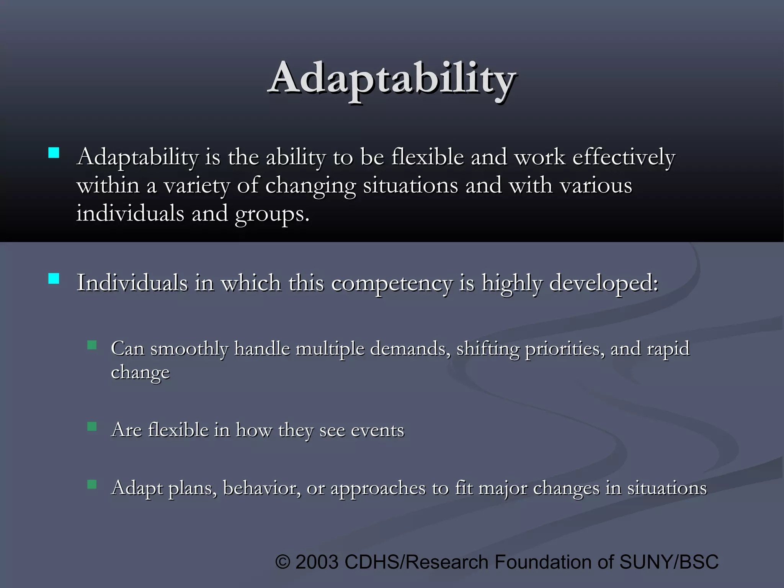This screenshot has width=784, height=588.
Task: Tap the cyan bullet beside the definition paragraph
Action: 54,153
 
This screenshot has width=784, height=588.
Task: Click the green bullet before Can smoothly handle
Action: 92,345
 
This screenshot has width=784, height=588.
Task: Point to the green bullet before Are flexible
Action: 92,426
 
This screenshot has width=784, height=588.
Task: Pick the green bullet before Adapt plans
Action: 92,485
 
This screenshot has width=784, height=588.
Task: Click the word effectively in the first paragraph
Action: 623,158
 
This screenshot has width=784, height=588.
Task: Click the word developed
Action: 603,284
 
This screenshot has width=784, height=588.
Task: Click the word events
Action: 377,430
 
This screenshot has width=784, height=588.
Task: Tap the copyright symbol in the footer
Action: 283,562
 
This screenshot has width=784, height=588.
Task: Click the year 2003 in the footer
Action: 317,562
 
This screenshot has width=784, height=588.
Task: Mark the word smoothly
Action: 189,349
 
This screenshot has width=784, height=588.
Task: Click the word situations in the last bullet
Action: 666,488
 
